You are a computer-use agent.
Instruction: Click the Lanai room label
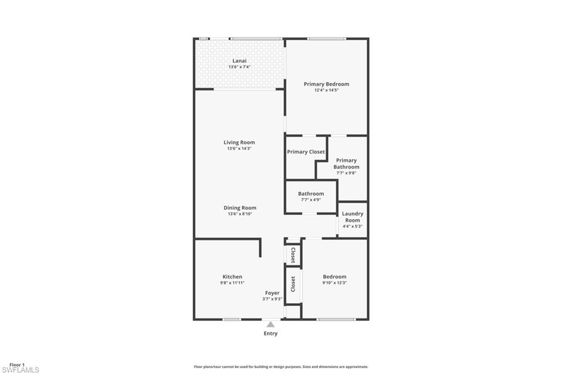[239, 60]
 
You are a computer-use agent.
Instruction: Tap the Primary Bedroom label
[327, 84]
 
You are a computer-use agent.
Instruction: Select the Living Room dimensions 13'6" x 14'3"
[239, 148]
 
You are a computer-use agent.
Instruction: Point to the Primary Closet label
[306, 152]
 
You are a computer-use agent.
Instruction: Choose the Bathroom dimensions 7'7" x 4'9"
[311, 200]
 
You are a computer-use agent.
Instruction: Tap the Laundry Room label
[352, 217]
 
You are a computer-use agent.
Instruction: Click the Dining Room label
[240, 208]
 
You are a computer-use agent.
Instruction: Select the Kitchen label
[232, 277]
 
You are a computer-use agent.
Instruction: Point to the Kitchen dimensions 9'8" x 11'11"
[232, 283]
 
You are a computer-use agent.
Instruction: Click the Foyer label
[272, 293]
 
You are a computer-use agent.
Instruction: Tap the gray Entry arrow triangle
[271, 325]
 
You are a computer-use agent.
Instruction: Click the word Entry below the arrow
[271, 333]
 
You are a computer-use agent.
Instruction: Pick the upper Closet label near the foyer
[293, 255]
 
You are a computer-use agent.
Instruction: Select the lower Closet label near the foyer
[293, 283]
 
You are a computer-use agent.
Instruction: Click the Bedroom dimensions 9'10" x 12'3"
[334, 283]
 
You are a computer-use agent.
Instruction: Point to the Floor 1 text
[17, 365]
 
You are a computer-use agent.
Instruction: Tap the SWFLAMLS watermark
[20, 370]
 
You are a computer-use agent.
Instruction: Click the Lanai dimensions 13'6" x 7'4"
[239, 67]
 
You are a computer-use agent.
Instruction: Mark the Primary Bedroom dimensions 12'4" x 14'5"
[327, 90]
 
